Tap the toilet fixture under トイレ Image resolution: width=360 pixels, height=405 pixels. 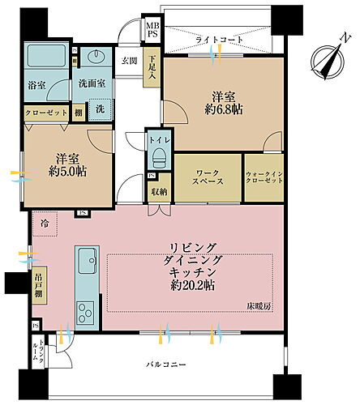(157, 156)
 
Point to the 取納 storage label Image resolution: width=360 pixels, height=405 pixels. (158, 191)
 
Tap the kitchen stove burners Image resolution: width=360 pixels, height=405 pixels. (85, 312)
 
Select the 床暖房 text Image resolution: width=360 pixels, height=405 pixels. (260, 305)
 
